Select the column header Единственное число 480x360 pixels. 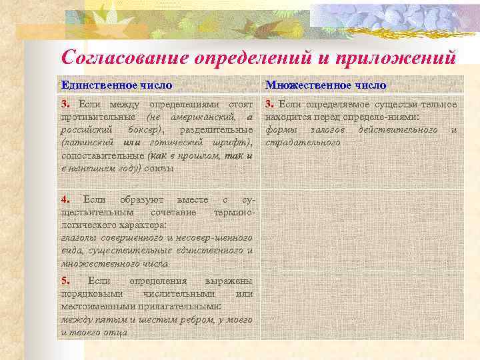click(x=117, y=85)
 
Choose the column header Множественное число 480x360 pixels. click(x=325, y=85)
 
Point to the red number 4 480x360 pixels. click(x=65, y=199)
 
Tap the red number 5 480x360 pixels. click(x=65, y=280)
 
